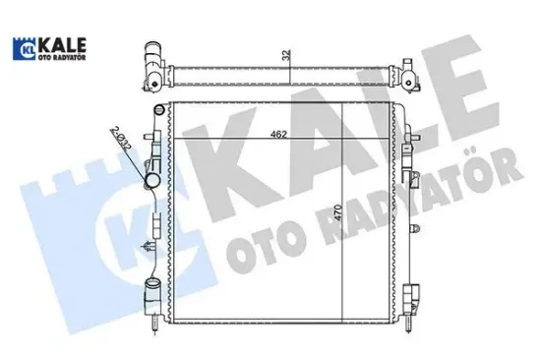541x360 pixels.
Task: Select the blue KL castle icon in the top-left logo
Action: pyautogui.click(x=22, y=51)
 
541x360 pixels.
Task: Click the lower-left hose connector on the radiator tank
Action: pyautogui.click(x=151, y=292)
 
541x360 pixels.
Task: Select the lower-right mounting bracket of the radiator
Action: pyautogui.click(x=409, y=296)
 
